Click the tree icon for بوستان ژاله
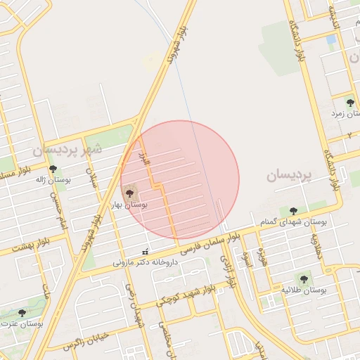(x=53, y=169)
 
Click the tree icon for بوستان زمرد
(x=350, y=102)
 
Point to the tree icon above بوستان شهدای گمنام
(x=293, y=211)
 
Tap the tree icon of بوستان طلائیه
(x=304, y=278)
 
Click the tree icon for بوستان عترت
(x=22, y=313)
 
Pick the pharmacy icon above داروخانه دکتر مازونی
(x=146, y=252)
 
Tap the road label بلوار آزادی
(x=228, y=271)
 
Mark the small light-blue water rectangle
(x=330, y=40)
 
